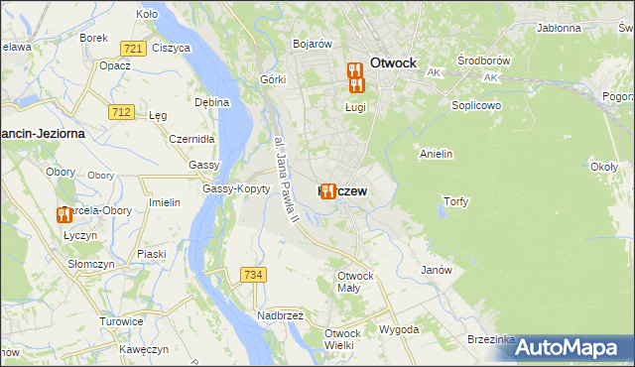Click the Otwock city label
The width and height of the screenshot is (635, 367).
(397, 61)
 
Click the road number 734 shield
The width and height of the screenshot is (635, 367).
(252, 275)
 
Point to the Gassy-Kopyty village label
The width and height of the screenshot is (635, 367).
(236, 188)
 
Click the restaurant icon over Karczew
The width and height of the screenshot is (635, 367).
(327, 190)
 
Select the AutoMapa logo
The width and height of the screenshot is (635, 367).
(571, 347)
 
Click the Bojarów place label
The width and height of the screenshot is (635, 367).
(312, 44)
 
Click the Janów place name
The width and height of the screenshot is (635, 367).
(437, 270)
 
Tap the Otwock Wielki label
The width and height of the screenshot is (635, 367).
(342, 339)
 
